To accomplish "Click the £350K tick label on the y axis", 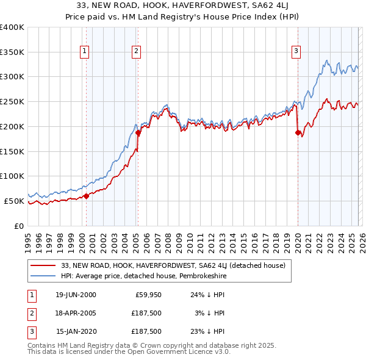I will [12, 52].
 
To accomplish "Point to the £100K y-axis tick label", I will [12, 176].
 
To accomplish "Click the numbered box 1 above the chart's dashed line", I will [84, 51].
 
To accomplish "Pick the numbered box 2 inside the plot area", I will [136, 51].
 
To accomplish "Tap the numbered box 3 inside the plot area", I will [296, 51].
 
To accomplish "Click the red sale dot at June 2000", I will [86, 196].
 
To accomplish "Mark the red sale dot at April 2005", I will [138, 132].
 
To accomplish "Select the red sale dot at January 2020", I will [298, 132].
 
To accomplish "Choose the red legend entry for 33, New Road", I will [177, 265].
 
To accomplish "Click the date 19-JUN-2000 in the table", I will [76, 295].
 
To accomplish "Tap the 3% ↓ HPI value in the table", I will [210, 313].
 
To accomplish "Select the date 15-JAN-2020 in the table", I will [76, 331].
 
